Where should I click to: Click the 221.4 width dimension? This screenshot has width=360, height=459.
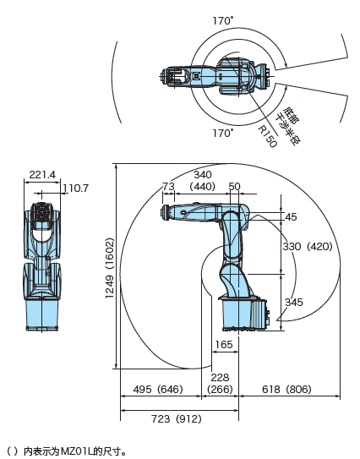(42, 175)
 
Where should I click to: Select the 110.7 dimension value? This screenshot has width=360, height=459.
(75, 189)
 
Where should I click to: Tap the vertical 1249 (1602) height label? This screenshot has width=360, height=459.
(110, 268)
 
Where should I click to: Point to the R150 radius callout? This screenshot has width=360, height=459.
(267, 137)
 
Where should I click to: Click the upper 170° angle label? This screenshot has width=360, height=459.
(223, 21)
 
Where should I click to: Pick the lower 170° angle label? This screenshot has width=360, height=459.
(223, 134)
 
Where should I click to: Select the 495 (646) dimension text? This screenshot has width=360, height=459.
(158, 390)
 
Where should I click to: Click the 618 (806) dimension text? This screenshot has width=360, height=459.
(286, 390)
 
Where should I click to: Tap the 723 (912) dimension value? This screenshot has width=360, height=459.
(177, 419)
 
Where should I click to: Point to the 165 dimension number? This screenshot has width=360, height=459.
(224, 345)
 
